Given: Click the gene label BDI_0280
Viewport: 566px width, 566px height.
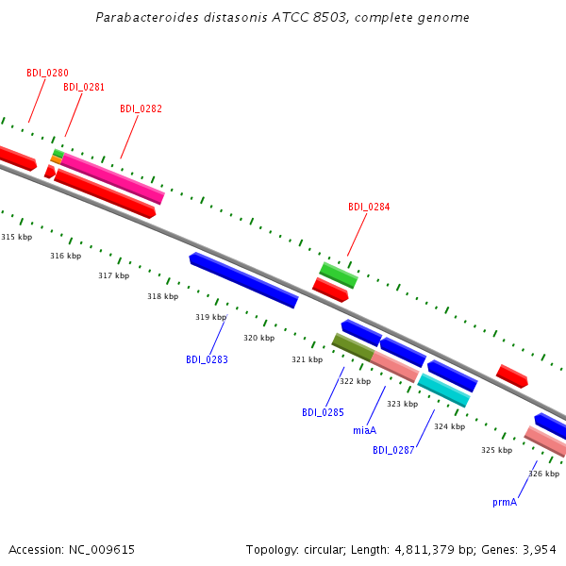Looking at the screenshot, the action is point(48,73).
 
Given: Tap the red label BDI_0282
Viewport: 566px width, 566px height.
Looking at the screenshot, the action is point(141,108).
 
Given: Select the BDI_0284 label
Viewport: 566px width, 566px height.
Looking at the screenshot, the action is point(369,207).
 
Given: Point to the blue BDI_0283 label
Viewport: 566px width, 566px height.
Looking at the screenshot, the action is point(207,359).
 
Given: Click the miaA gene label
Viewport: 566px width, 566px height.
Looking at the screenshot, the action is point(364,430).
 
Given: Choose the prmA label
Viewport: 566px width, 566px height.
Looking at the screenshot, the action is point(505,503).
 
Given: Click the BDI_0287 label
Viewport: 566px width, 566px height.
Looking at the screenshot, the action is point(393,450).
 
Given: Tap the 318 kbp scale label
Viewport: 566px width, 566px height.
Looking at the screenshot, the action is point(163,296).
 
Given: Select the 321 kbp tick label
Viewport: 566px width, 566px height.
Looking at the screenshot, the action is point(308,359).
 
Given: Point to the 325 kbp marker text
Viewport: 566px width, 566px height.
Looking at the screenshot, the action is point(497,450).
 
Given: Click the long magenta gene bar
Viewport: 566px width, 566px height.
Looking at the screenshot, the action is point(112,178).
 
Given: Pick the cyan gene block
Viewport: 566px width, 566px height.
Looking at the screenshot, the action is point(443,391).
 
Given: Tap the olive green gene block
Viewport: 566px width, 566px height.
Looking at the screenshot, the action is point(353,347).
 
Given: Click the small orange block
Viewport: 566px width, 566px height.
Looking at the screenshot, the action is point(57,159).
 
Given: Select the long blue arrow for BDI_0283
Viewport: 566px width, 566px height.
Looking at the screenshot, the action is point(244,280).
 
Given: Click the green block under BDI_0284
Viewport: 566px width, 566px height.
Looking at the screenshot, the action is point(339,275).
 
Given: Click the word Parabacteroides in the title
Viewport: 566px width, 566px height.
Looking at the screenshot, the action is point(147,17).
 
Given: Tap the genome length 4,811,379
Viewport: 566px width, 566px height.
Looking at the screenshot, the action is point(424,550).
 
